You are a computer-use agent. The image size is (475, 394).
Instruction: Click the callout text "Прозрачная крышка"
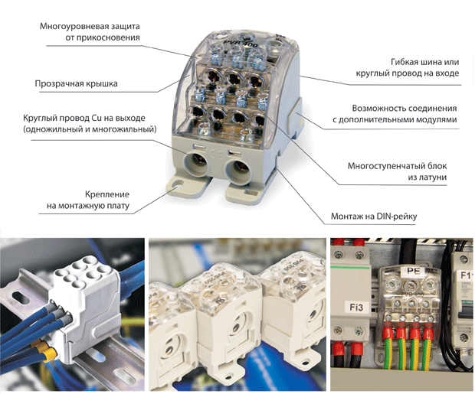(76, 83)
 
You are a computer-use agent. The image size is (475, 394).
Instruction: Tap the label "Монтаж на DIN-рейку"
(374, 217)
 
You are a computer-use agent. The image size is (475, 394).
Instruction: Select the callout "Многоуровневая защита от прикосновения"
(90, 32)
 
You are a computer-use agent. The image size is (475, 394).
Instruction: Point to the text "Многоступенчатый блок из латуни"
(397, 171)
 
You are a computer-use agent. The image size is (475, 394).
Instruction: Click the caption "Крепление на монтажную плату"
(88, 200)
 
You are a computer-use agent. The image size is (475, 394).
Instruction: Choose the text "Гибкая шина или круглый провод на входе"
(408, 67)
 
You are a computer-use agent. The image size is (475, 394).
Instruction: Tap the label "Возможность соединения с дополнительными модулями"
(395, 114)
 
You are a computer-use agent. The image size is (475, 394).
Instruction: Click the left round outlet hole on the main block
(195, 164)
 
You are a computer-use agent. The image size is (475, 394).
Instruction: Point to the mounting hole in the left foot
(179, 184)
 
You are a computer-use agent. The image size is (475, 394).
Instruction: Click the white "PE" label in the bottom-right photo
(414, 271)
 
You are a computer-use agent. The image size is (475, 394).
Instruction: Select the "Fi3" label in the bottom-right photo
(356, 308)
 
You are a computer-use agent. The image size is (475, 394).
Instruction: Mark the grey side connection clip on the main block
(295, 116)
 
